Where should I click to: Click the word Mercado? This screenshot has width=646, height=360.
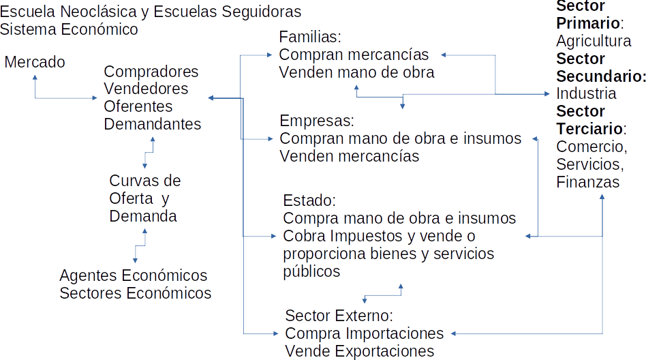click(x=35, y=63)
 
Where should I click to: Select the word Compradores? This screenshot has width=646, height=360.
click(x=151, y=72)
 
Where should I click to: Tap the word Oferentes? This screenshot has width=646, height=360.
click(x=138, y=106)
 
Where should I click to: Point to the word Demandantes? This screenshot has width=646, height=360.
click(x=153, y=124)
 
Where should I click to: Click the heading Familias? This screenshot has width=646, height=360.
click(x=310, y=37)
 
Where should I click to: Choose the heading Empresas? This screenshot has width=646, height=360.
click(x=318, y=121)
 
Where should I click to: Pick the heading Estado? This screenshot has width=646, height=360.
click(x=309, y=201)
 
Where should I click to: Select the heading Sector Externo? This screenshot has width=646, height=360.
click(x=339, y=316)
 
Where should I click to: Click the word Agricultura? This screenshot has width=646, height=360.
click(x=594, y=41)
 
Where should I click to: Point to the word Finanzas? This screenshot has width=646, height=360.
click(x=587, y=182)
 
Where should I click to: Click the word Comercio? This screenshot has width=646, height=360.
click(x=590, y=147)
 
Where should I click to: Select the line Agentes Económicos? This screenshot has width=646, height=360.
click(x=134, y=276)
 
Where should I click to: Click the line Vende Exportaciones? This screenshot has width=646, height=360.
click(x=359, y=351)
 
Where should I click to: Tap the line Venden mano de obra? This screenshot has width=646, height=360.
click(x=356, y=72)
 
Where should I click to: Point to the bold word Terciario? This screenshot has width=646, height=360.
click(x=589, y=129)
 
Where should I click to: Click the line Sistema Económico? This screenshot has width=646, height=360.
click(x=69, y=30)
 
